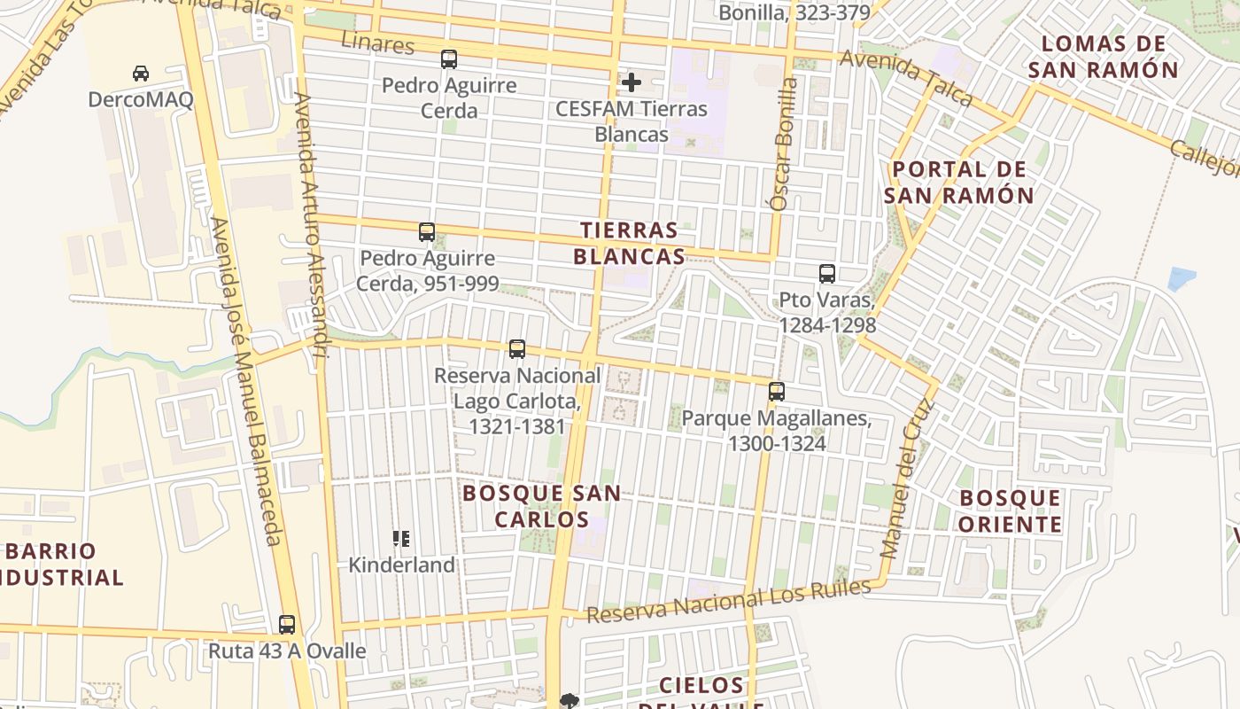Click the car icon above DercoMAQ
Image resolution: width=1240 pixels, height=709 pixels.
[x=141, y=73]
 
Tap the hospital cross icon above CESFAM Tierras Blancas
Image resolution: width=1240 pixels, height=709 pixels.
[x=631, y=83]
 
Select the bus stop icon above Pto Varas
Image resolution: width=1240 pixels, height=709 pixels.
[x=827, y=274]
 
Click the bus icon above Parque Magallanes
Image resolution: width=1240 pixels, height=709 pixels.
[x=777, y=391]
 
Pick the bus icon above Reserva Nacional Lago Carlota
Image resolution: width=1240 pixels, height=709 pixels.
[x=517, y=349]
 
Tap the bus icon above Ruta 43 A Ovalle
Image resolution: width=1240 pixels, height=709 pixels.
[x=287, y=624]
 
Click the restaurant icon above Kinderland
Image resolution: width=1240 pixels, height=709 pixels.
[x=401, y=538]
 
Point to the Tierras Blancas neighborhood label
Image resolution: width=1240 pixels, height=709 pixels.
[x=629, y=244]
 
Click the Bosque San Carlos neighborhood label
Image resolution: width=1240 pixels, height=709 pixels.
[x=541, y=506]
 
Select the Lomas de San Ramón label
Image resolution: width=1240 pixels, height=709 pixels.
[x=1109, y=57]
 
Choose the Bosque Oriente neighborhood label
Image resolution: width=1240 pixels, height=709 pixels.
[x=1011, y=511]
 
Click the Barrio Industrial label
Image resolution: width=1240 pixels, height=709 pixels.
[x=62, y=565]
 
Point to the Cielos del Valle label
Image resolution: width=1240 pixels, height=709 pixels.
[x=701, y=691]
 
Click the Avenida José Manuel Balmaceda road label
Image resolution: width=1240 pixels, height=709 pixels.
[x=247, y=381]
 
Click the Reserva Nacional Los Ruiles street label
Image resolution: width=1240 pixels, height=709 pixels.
[x=728, y=600]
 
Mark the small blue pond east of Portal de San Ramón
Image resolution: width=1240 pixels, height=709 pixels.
[x=1181, y=278]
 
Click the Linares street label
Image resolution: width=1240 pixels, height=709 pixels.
[x=377, y=42]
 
